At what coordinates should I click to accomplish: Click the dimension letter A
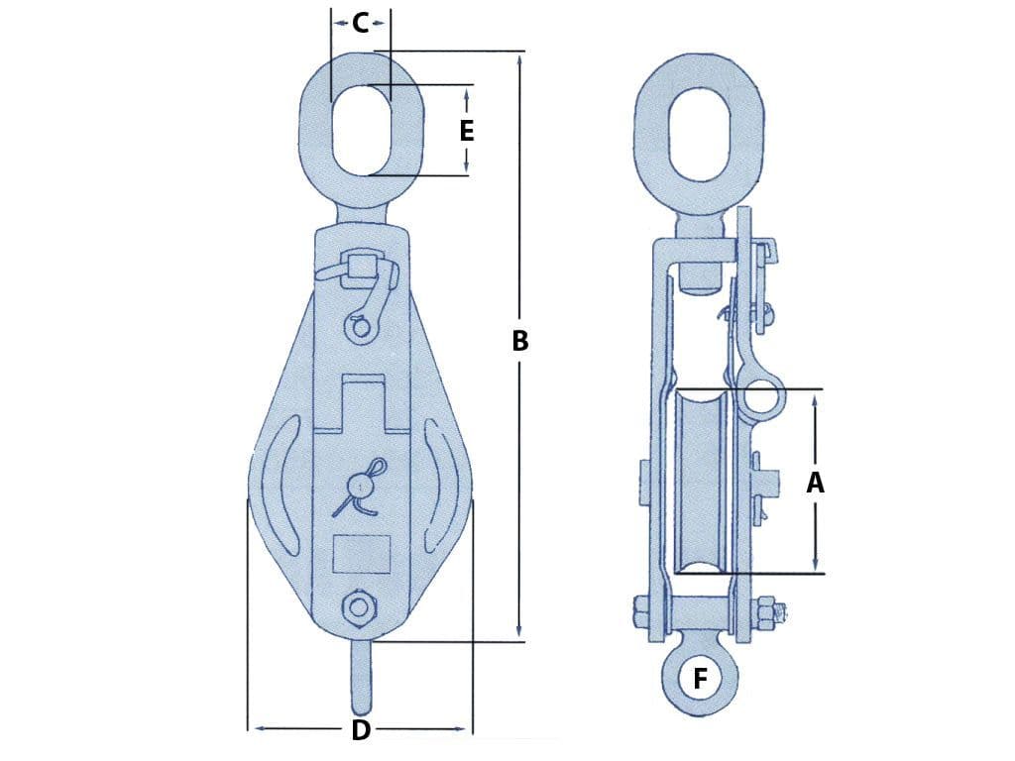point(816,483)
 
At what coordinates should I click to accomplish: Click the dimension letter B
point(519,341)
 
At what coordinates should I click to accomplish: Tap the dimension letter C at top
point(361,23)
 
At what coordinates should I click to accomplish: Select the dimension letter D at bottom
point(361,731)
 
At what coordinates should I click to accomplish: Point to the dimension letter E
point(467,130)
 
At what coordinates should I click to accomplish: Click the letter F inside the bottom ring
point(701,680)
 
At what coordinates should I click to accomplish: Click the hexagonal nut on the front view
point(358,608)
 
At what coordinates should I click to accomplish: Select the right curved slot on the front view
point(441,486)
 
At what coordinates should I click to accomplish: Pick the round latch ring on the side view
point(763,400)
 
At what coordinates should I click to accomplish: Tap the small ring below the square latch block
point(359,326)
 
